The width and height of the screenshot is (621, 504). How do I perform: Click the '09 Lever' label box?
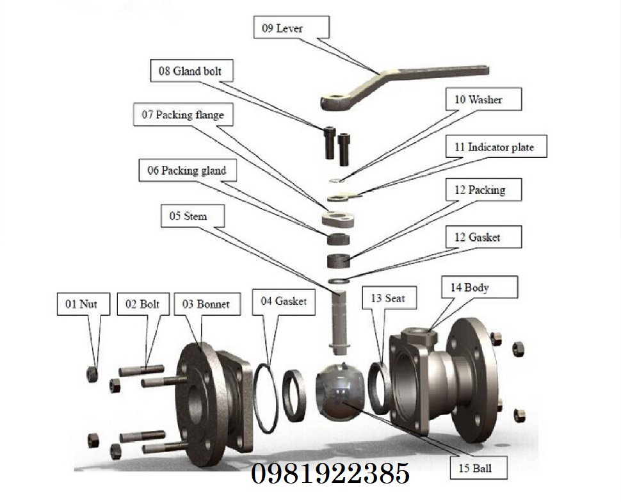291,28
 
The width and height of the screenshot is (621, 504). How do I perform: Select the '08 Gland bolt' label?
191,70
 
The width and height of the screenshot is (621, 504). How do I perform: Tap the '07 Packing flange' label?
183,115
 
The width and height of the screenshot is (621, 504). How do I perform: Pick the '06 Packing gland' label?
188,170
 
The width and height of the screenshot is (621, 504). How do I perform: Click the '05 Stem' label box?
193,216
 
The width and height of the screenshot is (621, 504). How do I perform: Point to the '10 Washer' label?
483,99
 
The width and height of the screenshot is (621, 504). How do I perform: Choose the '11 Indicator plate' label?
496,147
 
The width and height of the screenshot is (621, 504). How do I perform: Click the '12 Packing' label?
483,190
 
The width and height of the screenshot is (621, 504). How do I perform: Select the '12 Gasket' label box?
483,237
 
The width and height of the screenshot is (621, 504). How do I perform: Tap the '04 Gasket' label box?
284,302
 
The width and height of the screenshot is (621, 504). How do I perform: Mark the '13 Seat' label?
389,298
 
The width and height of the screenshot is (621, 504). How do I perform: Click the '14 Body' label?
480,288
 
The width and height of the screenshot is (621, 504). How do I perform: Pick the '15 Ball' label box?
478,468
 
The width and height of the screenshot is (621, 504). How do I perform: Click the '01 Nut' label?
83,304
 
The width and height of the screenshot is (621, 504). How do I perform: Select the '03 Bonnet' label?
207,304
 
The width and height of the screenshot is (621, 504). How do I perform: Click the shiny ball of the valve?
340,392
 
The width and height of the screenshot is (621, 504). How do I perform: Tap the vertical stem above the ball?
339,321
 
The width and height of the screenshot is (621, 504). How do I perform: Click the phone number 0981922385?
330,473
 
